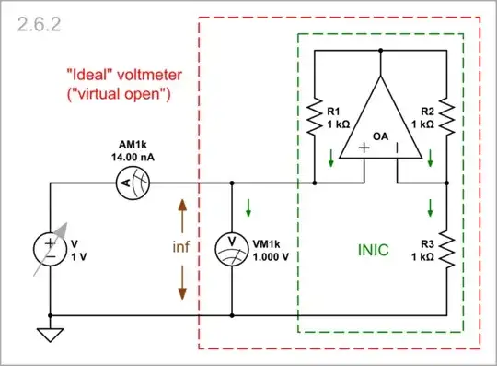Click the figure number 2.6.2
[34, 27]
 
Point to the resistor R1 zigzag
[316, 115]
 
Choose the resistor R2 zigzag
[445, 115]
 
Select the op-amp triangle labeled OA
[380, 120]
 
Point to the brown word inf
[182, 248]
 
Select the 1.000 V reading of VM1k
[272, 256]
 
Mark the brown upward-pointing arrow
[182, 216]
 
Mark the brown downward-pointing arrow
[182, 282]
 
